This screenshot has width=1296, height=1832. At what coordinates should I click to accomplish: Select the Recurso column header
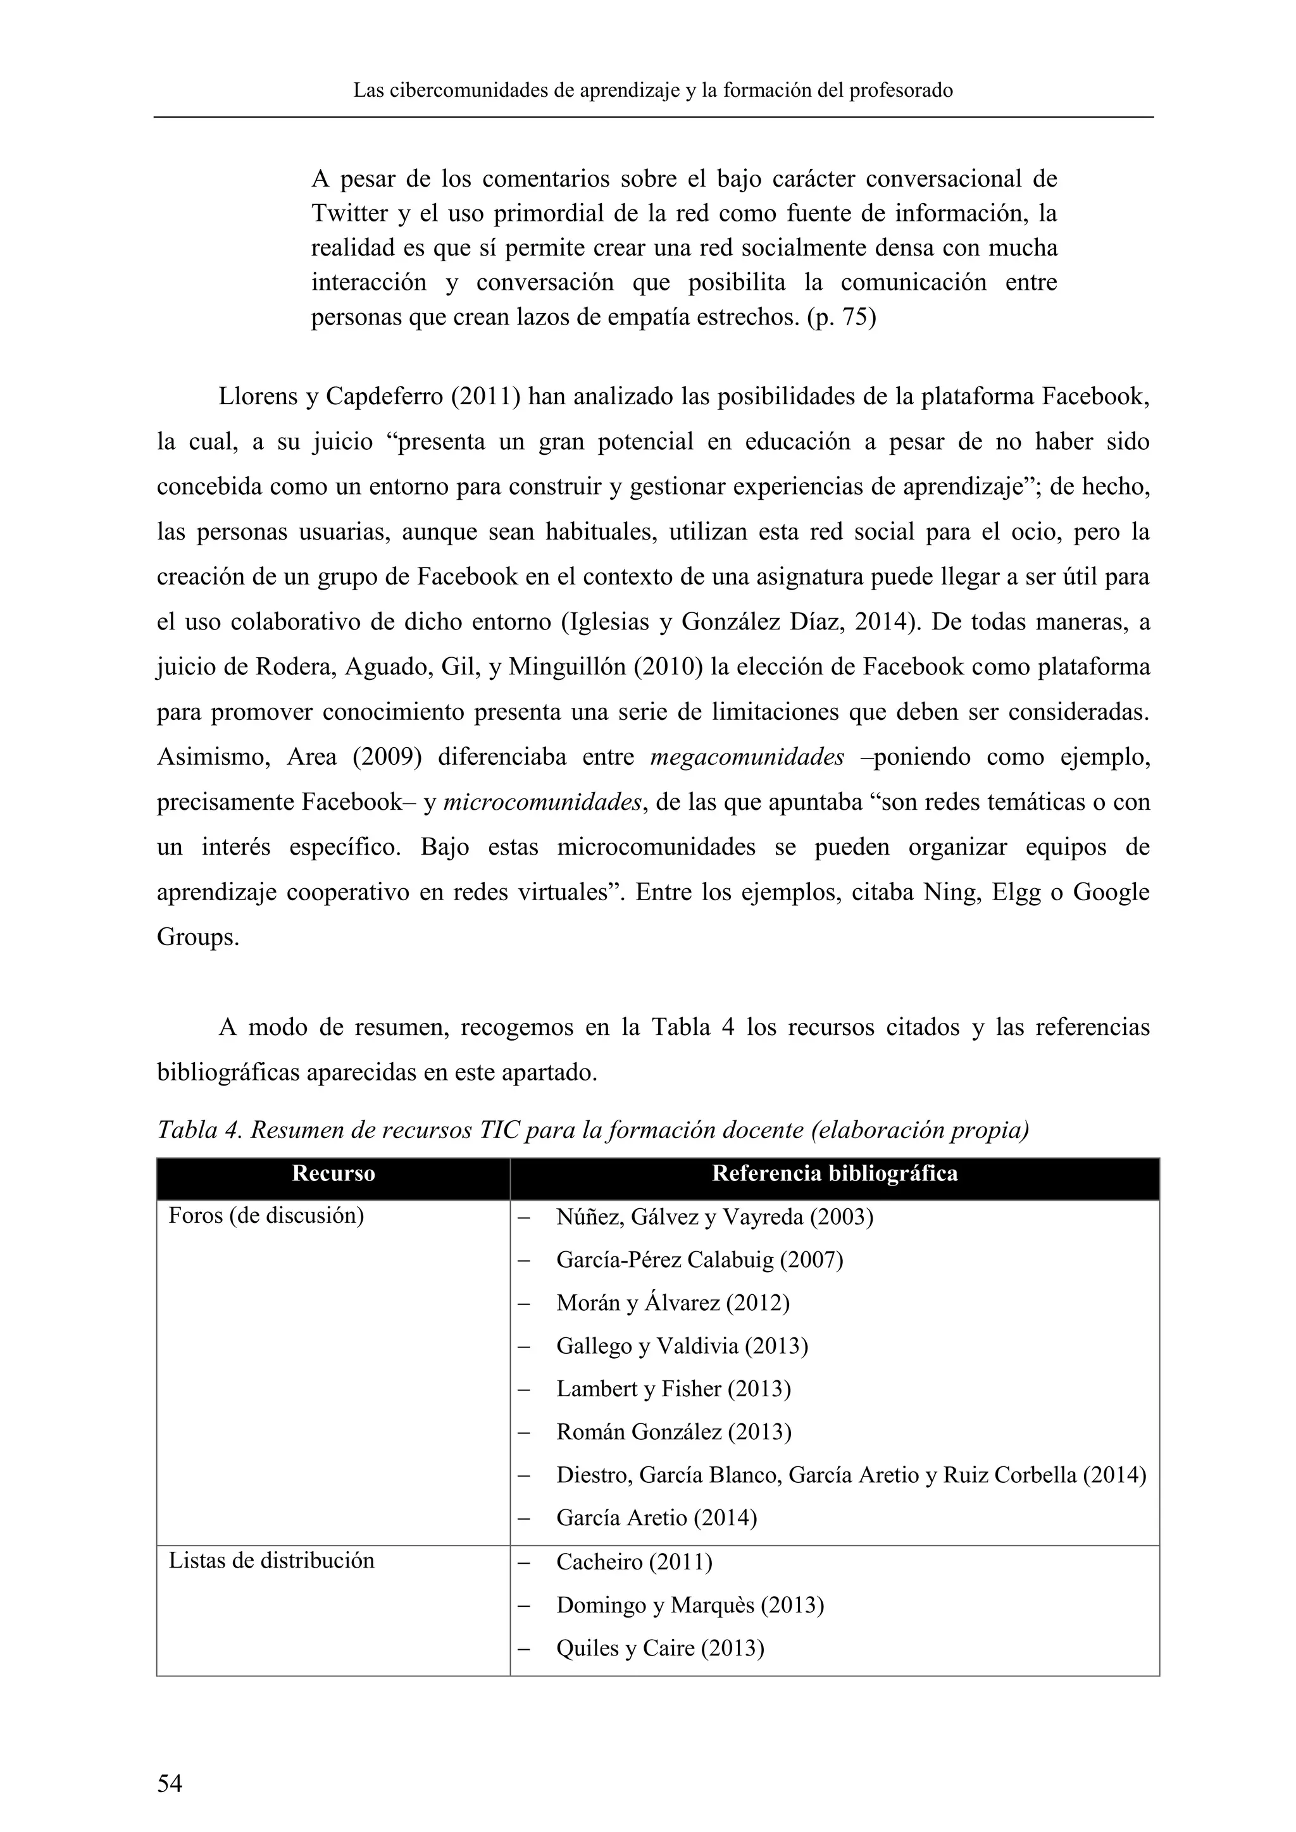pyautogui.click(x=333, y=1173)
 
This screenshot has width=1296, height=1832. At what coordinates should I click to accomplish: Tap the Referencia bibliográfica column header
pyautogui.click(x=834, y=1173)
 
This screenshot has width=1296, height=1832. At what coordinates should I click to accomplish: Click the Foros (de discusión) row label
pyautogui.click(x=266, y=1217)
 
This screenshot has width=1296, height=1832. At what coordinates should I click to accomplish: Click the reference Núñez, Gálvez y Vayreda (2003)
pyautogui.click(x=714, y=1218)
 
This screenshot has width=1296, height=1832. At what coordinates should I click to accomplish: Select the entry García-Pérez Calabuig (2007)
pyautogui.click(x=699, y=1260)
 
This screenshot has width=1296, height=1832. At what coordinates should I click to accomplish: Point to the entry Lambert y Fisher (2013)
pyautogui.click(x=673, y=1389)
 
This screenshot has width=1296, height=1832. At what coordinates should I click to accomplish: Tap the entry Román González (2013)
pyautogui.click(x=673, y=1432)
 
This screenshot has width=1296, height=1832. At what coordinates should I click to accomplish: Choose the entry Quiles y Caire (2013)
pyautogui.click(x=660, y=1648)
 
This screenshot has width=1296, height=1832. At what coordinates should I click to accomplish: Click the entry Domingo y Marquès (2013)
pyautogui.click(x=690, y=1605)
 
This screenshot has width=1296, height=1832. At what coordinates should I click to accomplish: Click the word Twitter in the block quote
pyautogui.click(x=349, y=214)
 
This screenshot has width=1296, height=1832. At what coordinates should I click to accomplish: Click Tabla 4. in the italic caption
pyautogui.click(x=199, y=1130)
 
